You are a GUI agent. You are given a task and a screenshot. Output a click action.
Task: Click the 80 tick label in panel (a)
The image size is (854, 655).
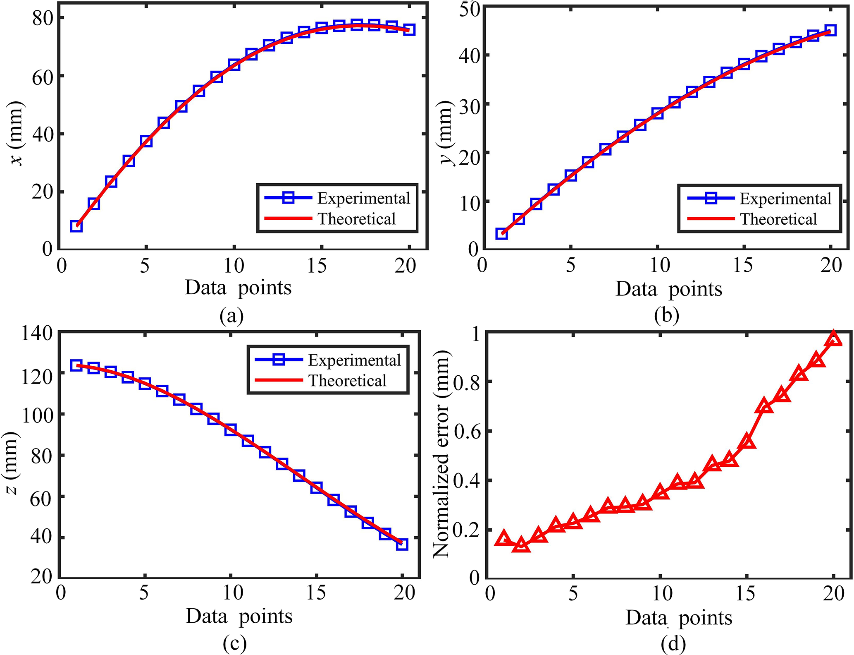[x=43, y=18]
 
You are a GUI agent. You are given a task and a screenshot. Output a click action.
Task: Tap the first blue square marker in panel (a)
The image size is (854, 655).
[x=76, y=226]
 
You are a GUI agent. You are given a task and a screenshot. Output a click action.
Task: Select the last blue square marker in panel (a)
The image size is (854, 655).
[x=409, y=30]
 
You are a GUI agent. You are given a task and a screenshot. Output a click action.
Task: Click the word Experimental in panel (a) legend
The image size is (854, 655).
[x=363, y=198]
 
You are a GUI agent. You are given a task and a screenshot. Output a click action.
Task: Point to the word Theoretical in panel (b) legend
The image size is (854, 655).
[x=778, y=219]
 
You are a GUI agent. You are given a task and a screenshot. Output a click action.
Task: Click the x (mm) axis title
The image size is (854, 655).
[x=17, y=133]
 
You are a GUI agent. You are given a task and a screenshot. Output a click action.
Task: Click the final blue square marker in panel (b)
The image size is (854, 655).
[x=830, y=30]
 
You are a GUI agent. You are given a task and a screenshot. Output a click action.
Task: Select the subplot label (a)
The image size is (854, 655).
[x=232, y=316]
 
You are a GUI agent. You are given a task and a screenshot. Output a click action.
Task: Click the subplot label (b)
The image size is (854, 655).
[x=667, y=316]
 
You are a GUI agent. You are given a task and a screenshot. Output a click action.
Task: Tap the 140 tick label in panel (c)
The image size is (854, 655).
[x=37, y=333]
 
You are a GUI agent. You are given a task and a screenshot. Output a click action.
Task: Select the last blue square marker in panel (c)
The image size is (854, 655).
[x=402, y=544]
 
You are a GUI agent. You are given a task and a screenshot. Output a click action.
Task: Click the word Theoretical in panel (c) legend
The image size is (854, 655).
[x=347, y=380]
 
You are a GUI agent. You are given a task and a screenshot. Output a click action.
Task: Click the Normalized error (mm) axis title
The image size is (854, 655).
[x=441, y=454]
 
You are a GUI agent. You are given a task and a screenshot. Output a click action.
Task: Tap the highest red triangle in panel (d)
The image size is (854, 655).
[x=834, y=339]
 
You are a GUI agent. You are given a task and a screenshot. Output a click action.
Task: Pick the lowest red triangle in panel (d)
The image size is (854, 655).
[x=521, y=545]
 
